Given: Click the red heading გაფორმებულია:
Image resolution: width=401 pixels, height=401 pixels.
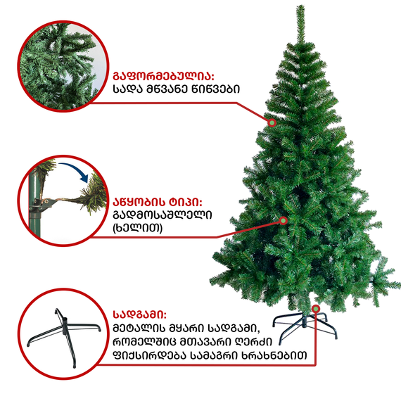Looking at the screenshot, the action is point(163,77).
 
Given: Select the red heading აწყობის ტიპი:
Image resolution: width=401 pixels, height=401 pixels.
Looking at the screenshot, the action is point(158,203).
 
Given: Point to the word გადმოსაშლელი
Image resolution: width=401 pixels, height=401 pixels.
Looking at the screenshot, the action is point(163,215).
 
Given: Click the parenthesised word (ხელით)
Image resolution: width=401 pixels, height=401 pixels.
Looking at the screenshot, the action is point(138,228).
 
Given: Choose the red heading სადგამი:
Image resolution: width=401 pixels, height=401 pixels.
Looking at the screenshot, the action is point(139,314).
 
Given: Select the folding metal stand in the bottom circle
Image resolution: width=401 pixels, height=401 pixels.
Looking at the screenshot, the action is point(64,333).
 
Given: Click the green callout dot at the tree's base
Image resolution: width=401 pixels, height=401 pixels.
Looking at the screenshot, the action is point(316,309).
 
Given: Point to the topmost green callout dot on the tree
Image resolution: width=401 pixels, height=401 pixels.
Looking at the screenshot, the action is point(272,122).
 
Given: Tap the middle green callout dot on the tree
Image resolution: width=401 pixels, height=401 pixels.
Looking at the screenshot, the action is point(284,220).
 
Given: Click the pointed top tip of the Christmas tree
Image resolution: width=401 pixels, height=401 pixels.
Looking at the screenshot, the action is point(301,5).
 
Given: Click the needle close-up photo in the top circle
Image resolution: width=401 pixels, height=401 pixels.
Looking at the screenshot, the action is point(63,66).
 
